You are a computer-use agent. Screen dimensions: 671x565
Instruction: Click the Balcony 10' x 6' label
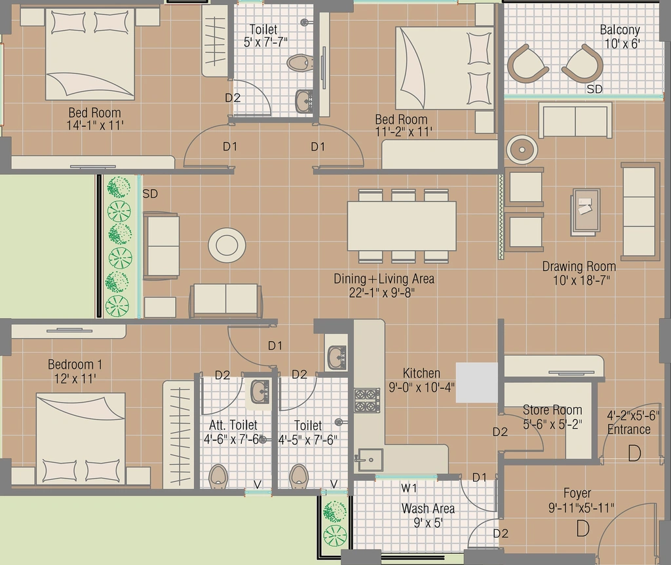point(620,37)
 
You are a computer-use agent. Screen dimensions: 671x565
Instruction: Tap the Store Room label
point(552,410)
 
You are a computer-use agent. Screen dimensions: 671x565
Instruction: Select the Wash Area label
point(428,509)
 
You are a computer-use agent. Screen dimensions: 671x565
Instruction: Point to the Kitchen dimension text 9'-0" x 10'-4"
point(421,388)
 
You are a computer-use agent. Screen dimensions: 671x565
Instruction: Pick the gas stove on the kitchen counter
point(367,400)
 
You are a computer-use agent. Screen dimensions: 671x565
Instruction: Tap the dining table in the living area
point(402,226)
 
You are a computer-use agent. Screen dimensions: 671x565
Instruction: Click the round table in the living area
point(227,245)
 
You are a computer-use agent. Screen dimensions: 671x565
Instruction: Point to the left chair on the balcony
point(527,65)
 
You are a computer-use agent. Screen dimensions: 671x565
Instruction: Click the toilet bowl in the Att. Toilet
point(218,476)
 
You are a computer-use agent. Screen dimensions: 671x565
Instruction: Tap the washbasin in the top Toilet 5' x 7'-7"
point(304,101)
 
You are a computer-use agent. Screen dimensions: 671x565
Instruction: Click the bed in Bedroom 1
point(81,439)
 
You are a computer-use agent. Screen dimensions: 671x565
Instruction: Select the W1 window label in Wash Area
point(409,488)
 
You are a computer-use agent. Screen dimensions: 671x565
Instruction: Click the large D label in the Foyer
point(583,528)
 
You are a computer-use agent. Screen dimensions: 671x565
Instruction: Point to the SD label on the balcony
point(594,89)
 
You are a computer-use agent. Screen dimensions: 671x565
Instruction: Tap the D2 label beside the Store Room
point(500,432)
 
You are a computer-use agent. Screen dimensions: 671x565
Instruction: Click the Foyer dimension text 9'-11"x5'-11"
point(581,507)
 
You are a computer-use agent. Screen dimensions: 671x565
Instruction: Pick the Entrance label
point(629,429)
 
